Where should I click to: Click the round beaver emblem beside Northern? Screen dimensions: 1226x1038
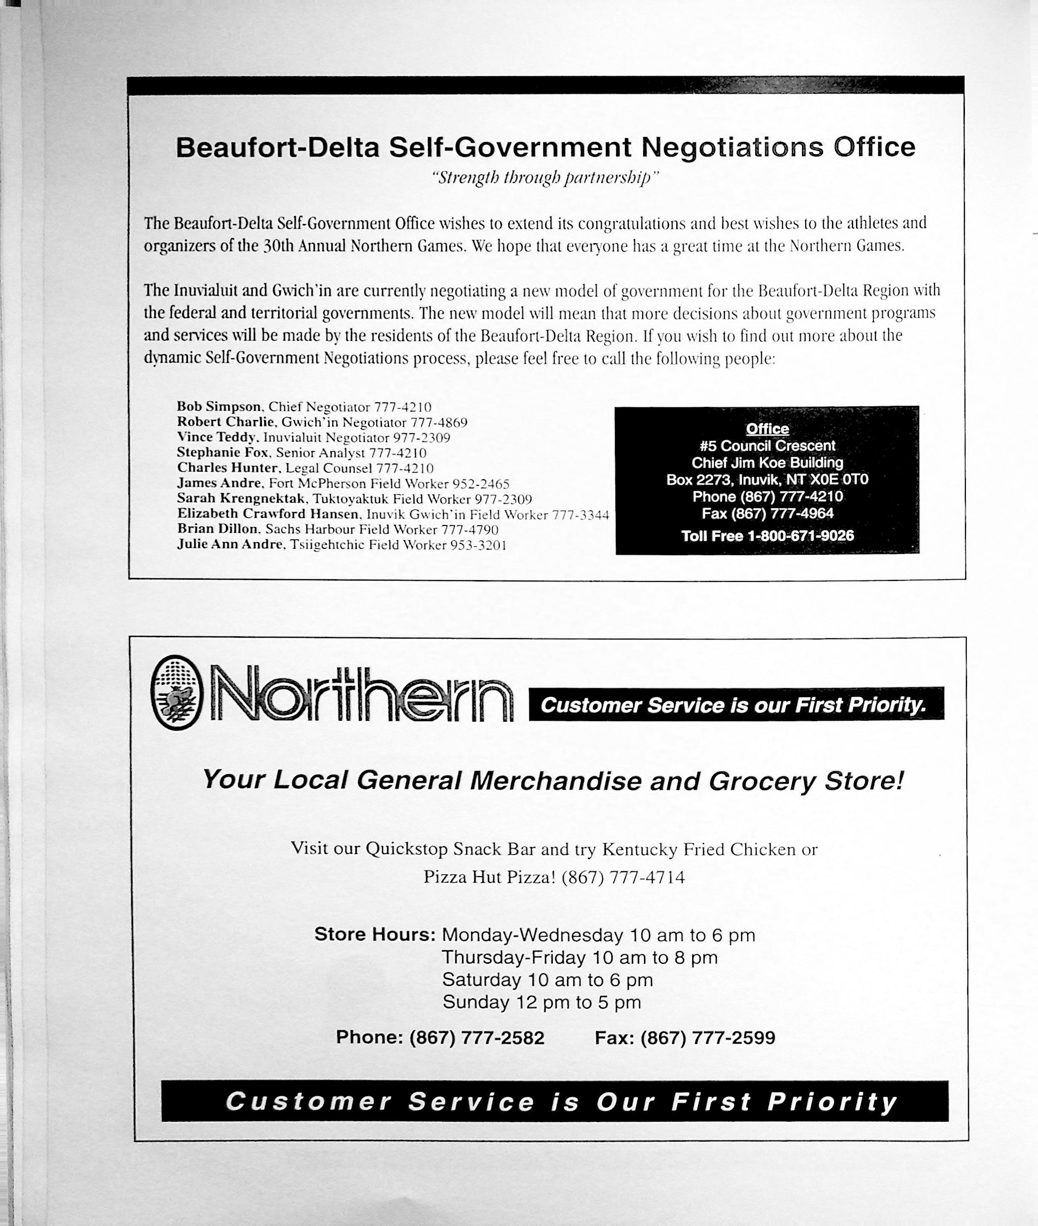[x=176, y=692]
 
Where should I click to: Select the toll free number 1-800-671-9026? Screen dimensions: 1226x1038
[x=800, y=536]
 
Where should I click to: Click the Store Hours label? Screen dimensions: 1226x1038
[x=375, y=934]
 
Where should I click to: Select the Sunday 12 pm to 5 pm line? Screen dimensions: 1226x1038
[x=541, y=1002]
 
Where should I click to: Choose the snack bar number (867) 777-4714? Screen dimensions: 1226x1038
[x=623, y=877]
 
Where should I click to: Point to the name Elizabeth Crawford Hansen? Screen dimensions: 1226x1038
[x=268, y=513]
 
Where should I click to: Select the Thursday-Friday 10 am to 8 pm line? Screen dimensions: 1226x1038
[x=580, y=957]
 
